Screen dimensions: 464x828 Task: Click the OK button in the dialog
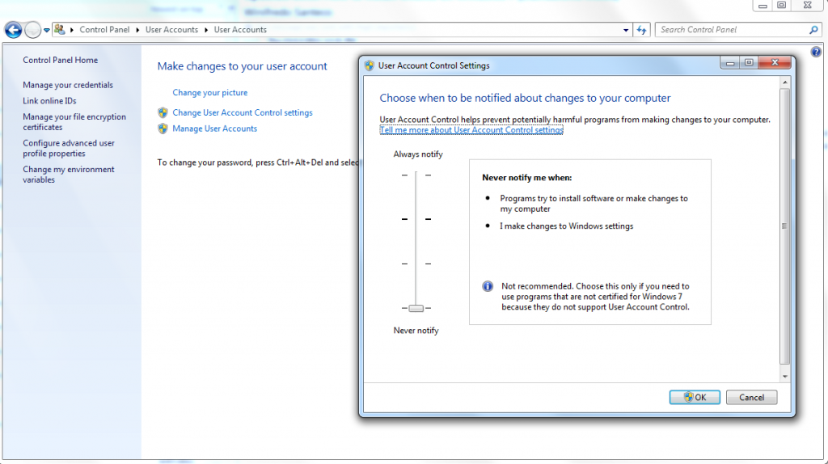(x=695, y=397)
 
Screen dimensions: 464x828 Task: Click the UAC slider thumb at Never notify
(x=416, y=308)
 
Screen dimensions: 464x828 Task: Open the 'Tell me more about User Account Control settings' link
(x=471, y=129)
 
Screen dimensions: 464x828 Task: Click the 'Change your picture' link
(x=210, y=93)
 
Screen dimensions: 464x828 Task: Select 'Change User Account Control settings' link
(x=242, y=113)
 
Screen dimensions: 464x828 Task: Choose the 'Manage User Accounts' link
(x=214, y=129)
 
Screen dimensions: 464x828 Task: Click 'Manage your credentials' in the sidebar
(x=68, y=85)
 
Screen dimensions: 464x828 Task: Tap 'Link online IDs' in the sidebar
(x=49, y=101)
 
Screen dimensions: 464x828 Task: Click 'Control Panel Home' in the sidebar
(x=61, y=60)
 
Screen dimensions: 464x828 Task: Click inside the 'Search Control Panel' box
(x=732, y=30)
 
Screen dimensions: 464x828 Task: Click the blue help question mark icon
(x=816, y=52)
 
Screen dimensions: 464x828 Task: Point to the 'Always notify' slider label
(x=418, y=154)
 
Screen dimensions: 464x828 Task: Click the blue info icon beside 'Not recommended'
(x=488, y=287)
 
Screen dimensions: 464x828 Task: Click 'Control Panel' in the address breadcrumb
(x=104, y=30)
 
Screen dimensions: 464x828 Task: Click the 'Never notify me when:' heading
(x=526, y=177)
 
